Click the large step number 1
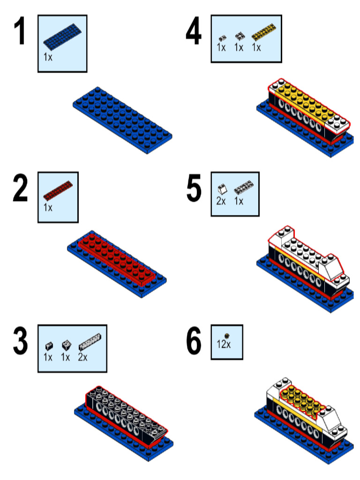click(20, 32)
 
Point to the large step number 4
click(194, 32)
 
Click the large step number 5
click(194, 190)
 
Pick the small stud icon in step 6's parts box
click(227, 335)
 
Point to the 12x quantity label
click(224, 345)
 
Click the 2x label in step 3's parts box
click(82, 357)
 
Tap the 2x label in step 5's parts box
click(221, 202)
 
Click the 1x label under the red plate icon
click(48, 207)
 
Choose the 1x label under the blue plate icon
click(48, 57)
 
